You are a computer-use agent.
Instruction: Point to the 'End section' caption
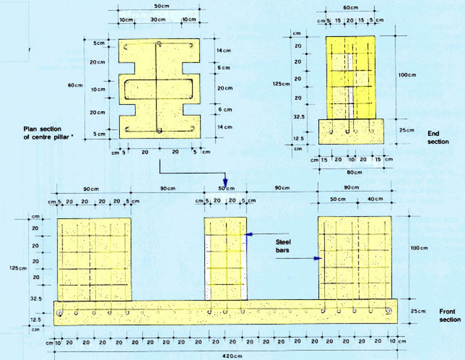438,138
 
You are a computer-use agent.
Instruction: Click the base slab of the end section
351,132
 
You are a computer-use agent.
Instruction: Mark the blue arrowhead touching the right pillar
318,259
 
